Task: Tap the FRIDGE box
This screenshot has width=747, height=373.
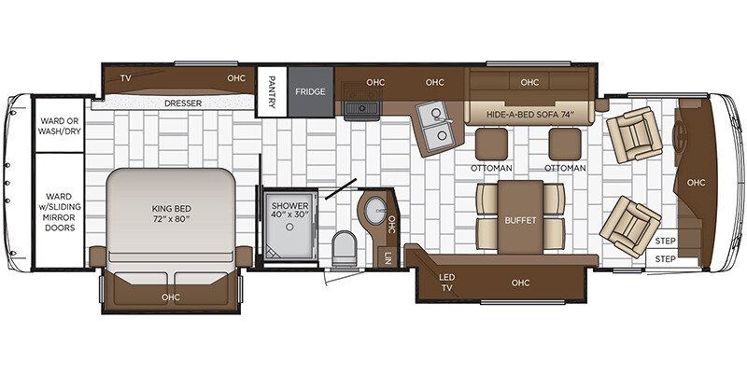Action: [x=310, y=92]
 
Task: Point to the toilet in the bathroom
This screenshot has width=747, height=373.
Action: [x=345, y=247]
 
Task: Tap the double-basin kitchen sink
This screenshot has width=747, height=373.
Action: [x=431, y=129]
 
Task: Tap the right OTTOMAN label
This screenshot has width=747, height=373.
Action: [x=566, y=168]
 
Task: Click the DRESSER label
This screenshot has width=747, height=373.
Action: [x=183, y=104]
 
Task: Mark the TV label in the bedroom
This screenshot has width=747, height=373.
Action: [x=125, y=78]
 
